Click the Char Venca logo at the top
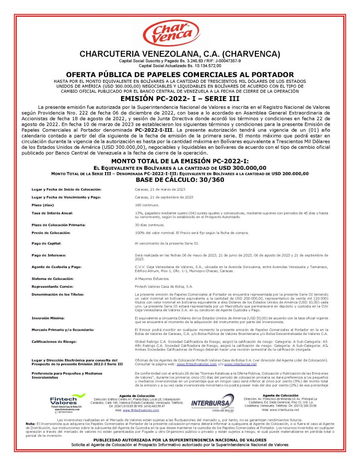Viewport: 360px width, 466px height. (x=179, y=33)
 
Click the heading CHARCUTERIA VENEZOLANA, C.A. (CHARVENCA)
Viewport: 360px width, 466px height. (x=179, y=54)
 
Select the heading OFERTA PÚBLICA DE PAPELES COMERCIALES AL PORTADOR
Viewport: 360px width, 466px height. (x=180, y=75)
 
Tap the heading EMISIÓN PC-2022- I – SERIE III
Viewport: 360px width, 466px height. (x=180, y=98)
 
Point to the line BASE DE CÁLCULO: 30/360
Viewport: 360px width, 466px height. (x=180, y=179)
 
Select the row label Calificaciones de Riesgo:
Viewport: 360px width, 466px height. (x=54, y=340)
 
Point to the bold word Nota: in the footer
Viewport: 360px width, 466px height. (x=31, y=423)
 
